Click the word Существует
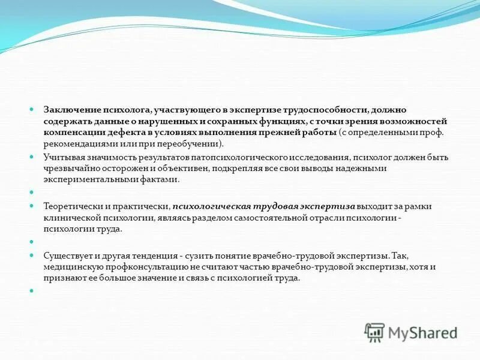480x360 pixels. pos(68,256)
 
